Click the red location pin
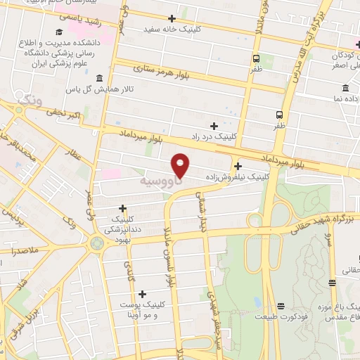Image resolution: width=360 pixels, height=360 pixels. (x=181, y=165)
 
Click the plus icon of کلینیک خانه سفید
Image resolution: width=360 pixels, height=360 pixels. (x=172, y=18)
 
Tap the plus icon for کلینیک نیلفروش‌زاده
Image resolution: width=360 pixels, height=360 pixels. (x=238, y=167)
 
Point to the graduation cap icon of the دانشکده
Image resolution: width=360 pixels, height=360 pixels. (x=60, y=32)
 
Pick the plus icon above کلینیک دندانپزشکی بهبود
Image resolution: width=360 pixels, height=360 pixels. (x=123, y=208)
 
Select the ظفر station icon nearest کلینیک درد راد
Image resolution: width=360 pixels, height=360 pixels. (x=280, y=115)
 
